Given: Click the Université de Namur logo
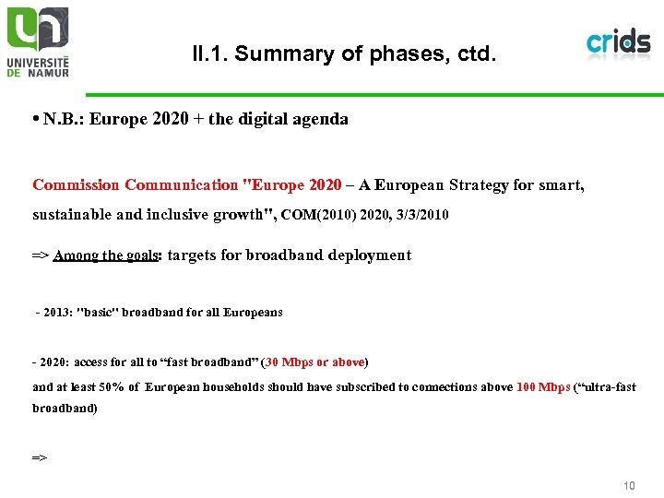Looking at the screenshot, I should (38, 41).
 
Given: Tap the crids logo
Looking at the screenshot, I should (618, 42).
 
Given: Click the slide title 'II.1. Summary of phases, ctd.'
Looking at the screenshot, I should (344, 54).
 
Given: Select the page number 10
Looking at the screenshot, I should (629, 485).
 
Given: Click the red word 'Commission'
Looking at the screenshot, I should (76, 185).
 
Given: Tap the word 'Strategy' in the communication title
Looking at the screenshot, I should (479, 185).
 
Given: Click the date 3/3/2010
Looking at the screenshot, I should (422, 215).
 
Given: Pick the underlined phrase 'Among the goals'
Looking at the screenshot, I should (107, 255).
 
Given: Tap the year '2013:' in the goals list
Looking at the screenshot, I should (59, 313).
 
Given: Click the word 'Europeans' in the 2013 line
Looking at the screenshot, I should (253, 313).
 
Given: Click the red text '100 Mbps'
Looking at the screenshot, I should (543, 387).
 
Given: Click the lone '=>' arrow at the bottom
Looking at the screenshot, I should (40, 456).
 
